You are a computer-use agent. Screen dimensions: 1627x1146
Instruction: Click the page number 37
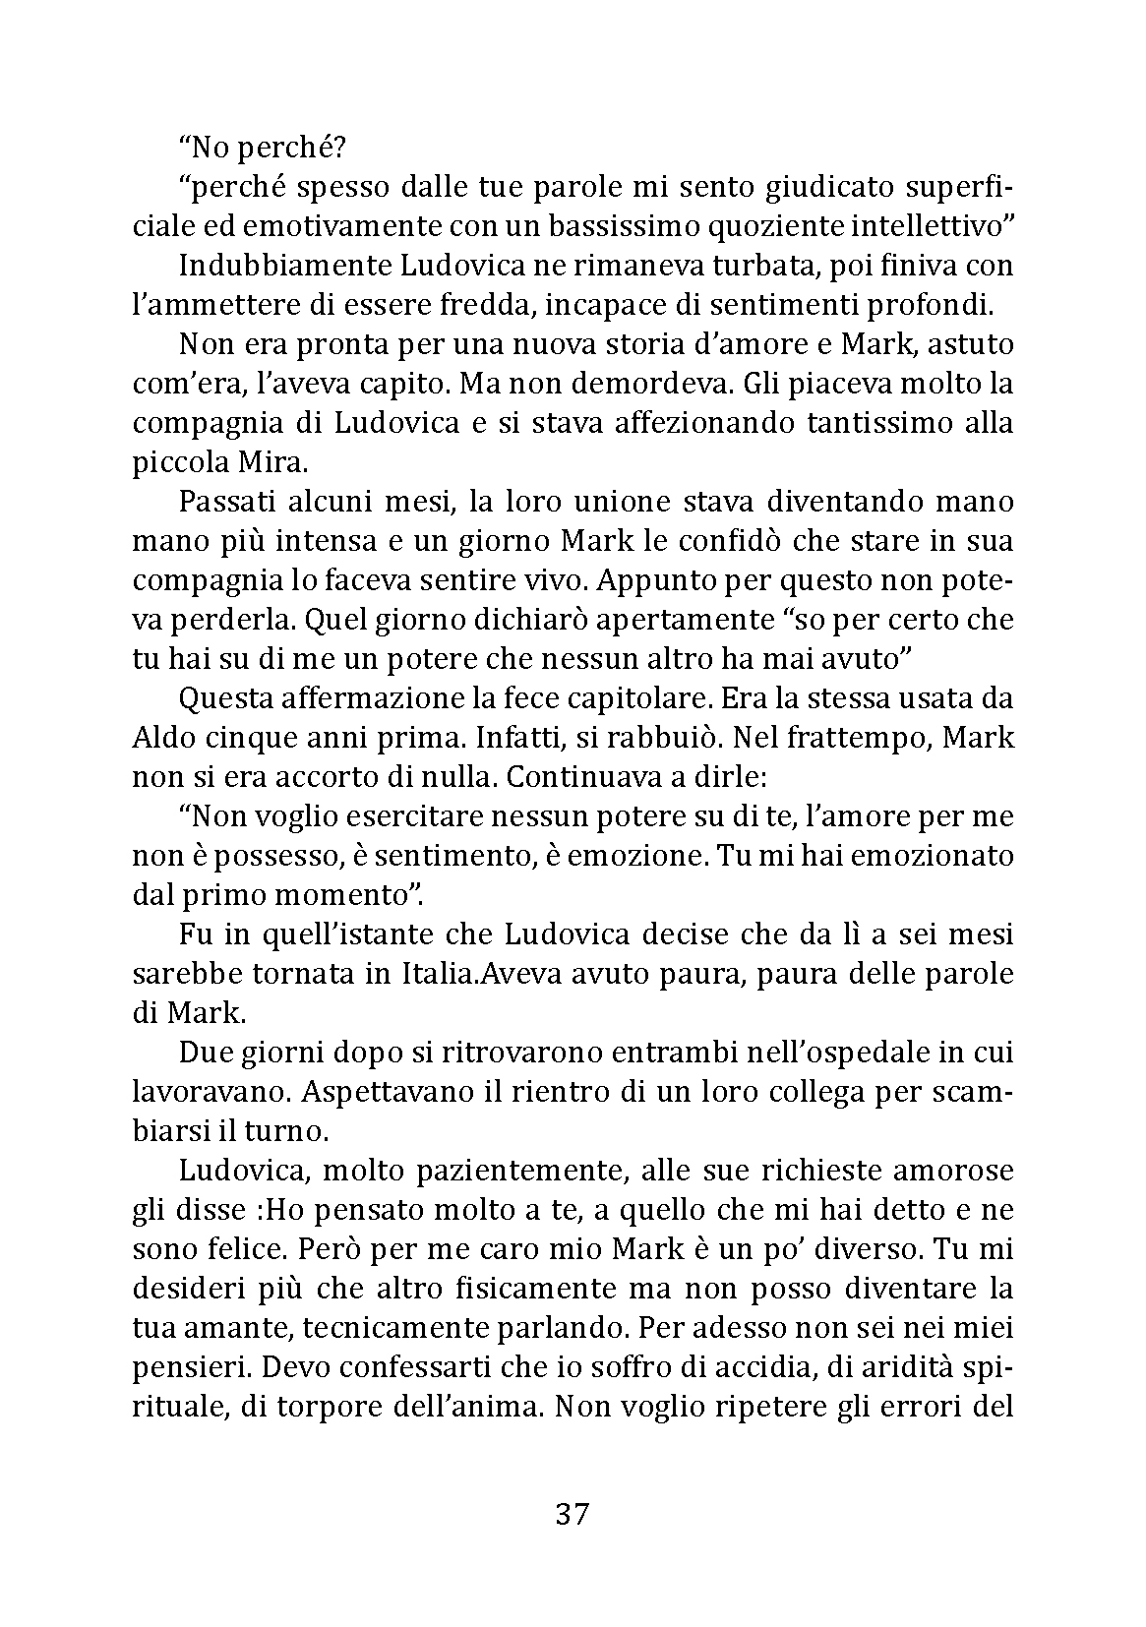click(572, 1514)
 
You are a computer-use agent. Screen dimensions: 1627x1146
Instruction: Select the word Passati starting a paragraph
click(227, 502)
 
